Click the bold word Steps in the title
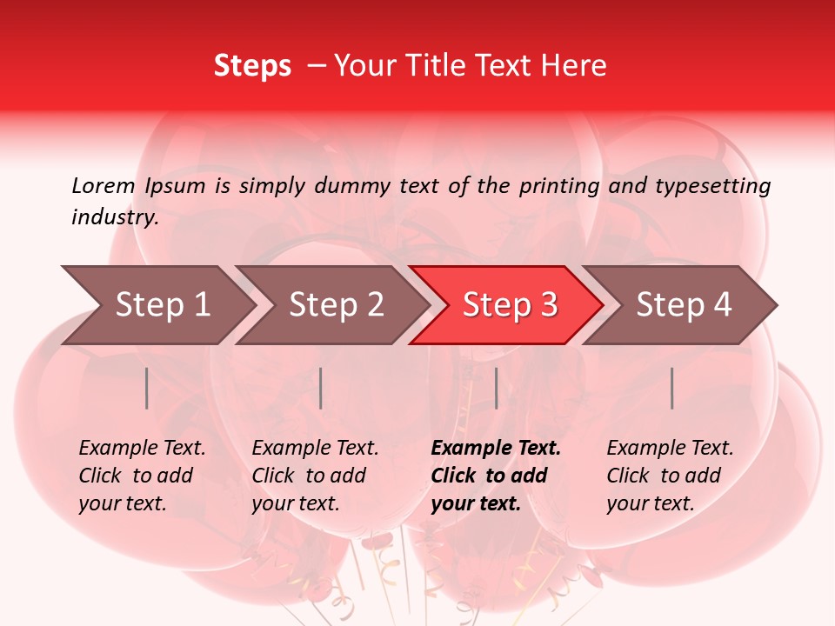tap(252, 66)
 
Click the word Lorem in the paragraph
tap(104, 185)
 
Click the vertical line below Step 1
tap(147, 388)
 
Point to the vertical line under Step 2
tap(321, 388)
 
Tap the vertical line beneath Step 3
tap(496, 388)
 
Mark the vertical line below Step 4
tap(672, 388)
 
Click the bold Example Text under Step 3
tap(496, 449)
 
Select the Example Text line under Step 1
tap(142, 449)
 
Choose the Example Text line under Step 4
tap(670, 449)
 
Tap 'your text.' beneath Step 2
tap(295, 503)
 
